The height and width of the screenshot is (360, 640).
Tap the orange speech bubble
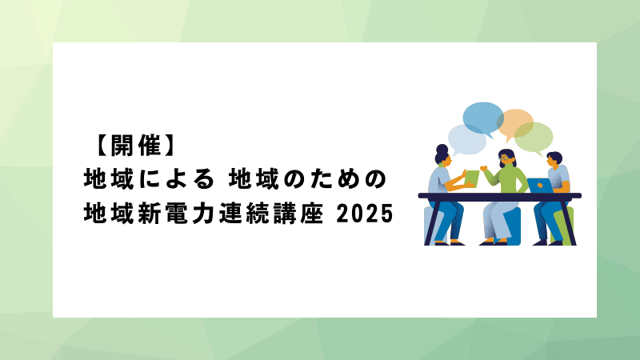point(515,123)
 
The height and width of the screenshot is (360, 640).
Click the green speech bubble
point(534,137)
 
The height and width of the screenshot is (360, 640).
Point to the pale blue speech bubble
point(467,140)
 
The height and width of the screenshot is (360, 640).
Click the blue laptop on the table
point(540,186)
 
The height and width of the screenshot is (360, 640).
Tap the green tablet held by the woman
point(472,178)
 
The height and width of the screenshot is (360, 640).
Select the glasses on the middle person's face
point(505,156)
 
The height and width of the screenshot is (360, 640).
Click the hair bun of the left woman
point(442,148)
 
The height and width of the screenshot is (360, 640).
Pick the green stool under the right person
point(564,226)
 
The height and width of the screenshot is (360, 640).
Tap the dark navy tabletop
point(499,196)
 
